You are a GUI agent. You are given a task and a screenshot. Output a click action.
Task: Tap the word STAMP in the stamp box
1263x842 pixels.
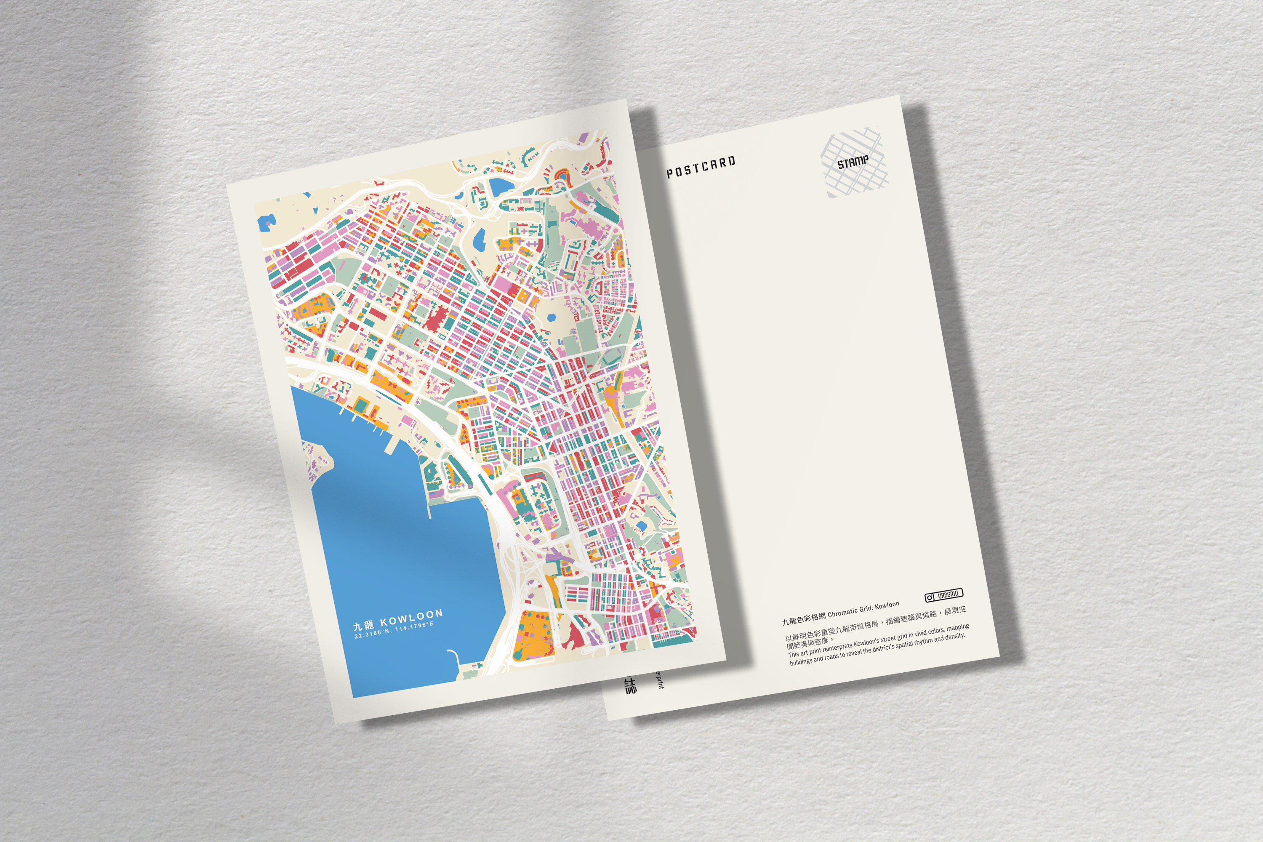(853, 162)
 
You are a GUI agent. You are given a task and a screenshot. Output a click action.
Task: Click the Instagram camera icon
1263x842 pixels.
(930, 597)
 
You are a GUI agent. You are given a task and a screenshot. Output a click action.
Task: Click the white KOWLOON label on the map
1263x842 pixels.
(411, 618)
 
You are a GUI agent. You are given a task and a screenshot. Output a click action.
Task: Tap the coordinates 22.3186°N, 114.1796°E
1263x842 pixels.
(394, 630)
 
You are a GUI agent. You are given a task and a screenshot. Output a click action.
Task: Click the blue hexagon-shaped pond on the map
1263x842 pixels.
(552, 317)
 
